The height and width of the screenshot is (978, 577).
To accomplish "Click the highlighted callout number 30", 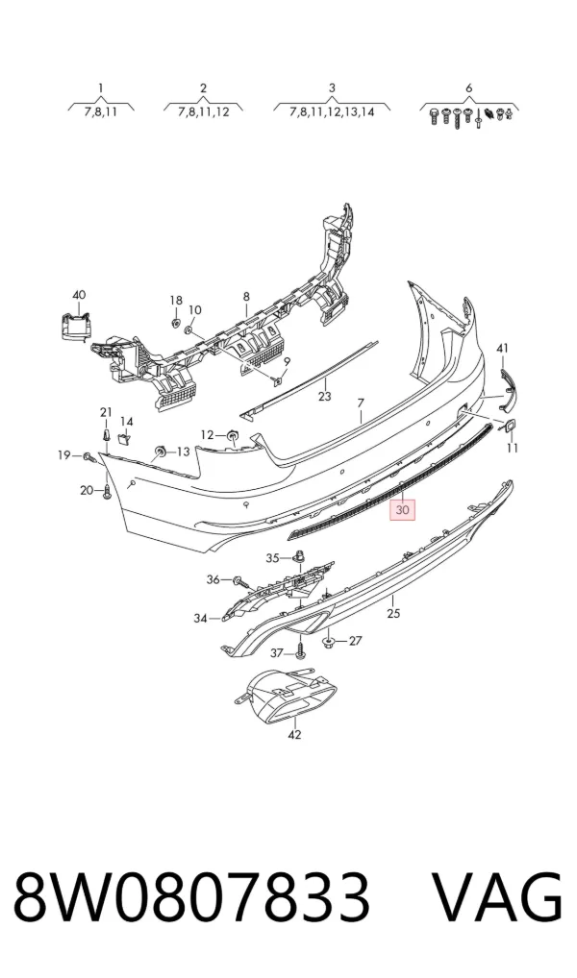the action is [403, 510].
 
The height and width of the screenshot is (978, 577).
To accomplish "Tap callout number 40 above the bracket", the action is [79, 295].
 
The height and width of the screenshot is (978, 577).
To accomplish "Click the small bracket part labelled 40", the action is [76, 328].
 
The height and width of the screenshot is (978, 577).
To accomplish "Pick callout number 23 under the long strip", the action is [325, 396].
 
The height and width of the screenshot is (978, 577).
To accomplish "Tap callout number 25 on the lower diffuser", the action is [392, 614].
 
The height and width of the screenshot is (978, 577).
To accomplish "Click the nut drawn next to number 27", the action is [328, 641].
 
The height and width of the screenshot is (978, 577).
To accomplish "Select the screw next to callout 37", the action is [301, 652].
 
